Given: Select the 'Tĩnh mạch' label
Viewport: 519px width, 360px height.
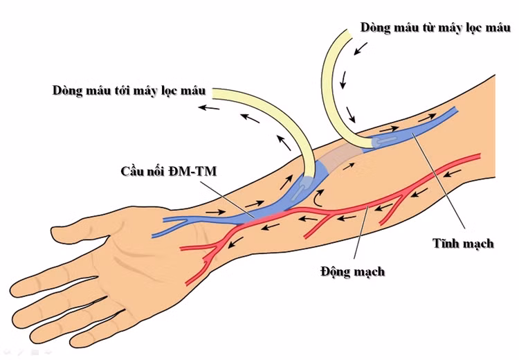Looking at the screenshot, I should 463,243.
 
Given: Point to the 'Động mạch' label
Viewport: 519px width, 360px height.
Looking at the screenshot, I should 352,271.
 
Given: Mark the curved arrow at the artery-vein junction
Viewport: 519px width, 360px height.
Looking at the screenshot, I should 318,199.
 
